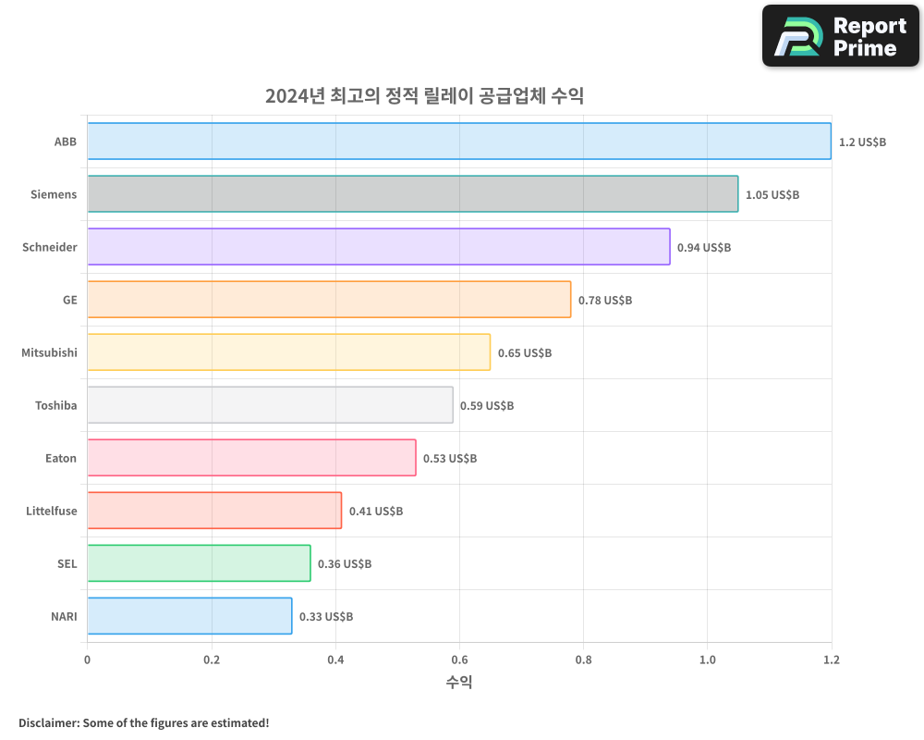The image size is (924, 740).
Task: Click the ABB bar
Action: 459,142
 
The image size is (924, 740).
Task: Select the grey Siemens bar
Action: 412,194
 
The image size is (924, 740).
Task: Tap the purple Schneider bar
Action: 379,247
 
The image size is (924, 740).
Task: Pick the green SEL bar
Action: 199,563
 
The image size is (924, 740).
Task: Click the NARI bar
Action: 189,616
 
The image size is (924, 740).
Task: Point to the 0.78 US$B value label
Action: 605,301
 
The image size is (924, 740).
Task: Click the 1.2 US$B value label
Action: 862,142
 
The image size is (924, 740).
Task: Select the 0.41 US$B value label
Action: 376,512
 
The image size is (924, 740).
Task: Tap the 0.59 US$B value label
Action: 487,406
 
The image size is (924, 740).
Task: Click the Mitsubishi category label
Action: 49,352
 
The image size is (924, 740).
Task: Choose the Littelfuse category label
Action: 52,511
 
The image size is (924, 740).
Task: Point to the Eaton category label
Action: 61,458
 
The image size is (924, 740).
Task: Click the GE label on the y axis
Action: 69,300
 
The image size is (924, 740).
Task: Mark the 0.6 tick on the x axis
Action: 459,660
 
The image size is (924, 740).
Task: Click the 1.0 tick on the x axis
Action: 707,660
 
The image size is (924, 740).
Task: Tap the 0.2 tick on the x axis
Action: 212,660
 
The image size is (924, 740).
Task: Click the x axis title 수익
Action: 459,683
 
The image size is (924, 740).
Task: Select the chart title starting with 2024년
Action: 424,96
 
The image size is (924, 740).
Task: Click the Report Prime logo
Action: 841,36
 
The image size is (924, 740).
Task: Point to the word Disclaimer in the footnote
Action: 48,722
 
